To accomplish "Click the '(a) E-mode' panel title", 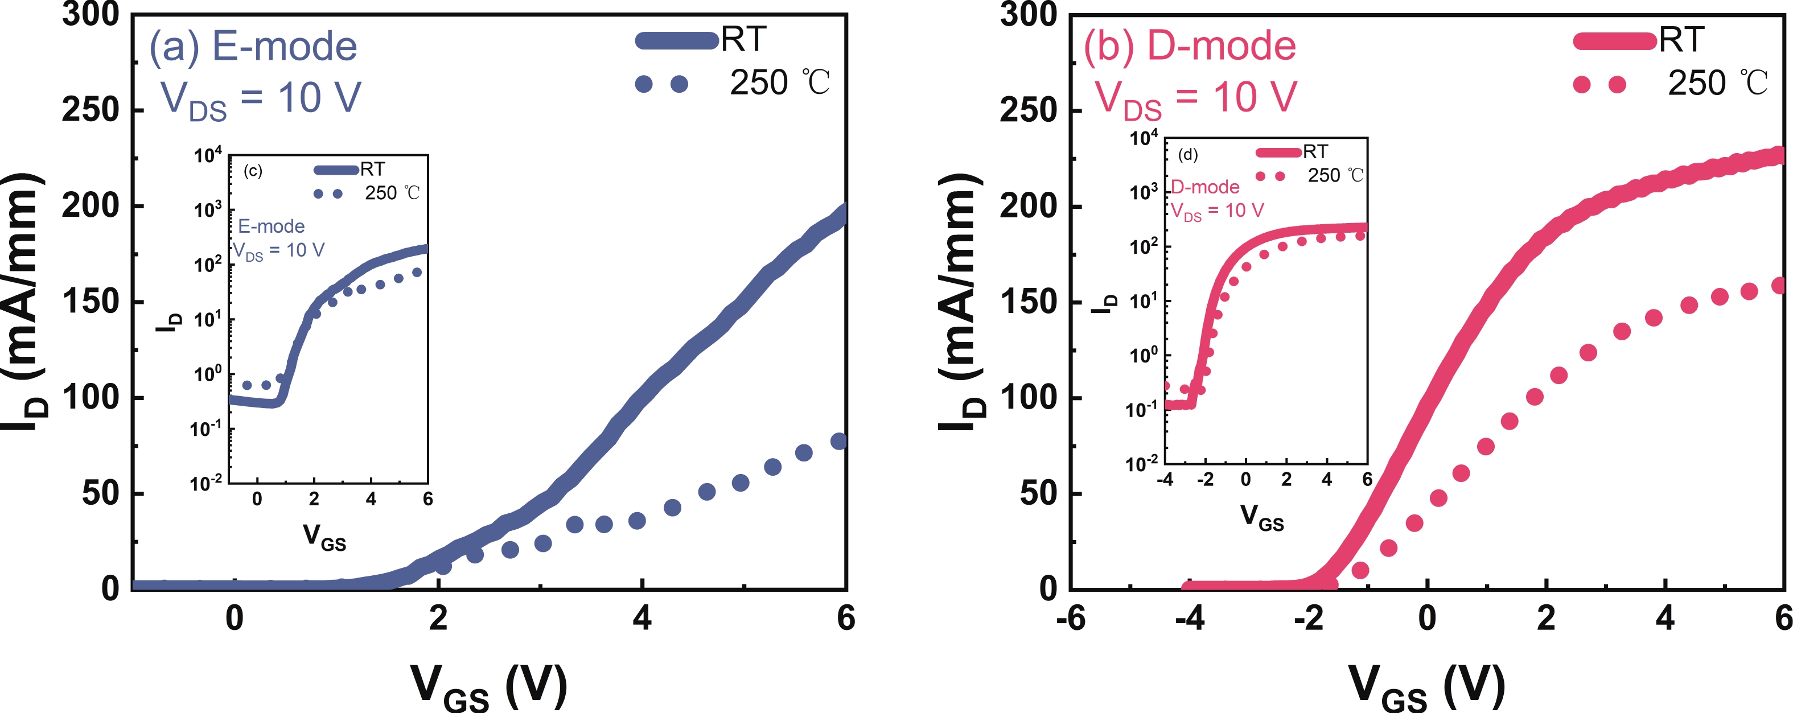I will click(x=253, y=47).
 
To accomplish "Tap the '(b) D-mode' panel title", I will click(x=1190, y=46).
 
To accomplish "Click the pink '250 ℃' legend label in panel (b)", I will click(x=1717, y=84).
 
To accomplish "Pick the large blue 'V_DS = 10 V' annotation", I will click(x=261, y=100).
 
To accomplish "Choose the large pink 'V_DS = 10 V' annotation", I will click(x=1196, y=99).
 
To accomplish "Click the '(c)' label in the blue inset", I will click(x=253, y=171).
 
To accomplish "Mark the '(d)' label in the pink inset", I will click(x=1187, y=154).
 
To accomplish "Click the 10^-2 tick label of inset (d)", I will click(x=1142, y=463).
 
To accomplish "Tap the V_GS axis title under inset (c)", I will click(x=324, y=537).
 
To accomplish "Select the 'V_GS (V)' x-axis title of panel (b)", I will click(x=1427, y=687).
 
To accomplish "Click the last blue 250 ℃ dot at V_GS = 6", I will click(x=839, y=441).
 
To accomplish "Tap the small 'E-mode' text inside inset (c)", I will click(x=272, y=227).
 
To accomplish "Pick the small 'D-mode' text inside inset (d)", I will click(x=1206, y=187).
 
